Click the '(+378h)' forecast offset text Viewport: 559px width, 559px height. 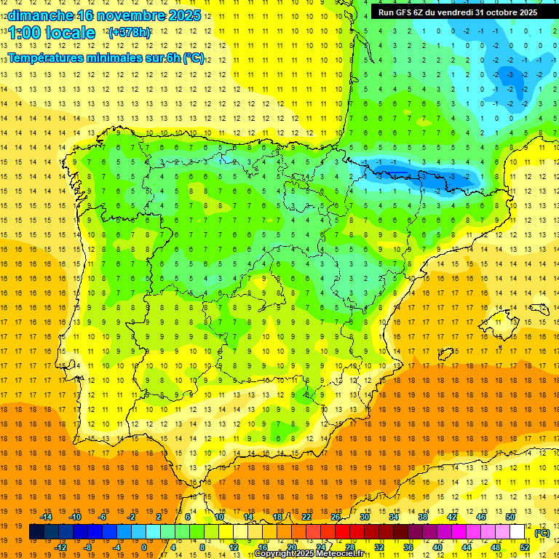pos(129,33)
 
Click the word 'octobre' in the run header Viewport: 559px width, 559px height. pos(497,12)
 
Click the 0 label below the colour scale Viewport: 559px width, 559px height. pos(143,547)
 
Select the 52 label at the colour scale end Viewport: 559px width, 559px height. pos(525,547)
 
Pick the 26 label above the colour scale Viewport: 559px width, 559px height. pos(336,517)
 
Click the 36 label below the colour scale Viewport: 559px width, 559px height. pos(408,547)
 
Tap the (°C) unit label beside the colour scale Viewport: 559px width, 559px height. pos(542,533)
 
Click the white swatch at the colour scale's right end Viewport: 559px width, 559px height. pos(518,532)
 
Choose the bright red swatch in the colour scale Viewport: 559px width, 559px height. pos(343,532)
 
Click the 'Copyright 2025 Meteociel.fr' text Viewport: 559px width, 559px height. pos(309,554)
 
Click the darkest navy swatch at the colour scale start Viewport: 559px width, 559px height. pos(36,532)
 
